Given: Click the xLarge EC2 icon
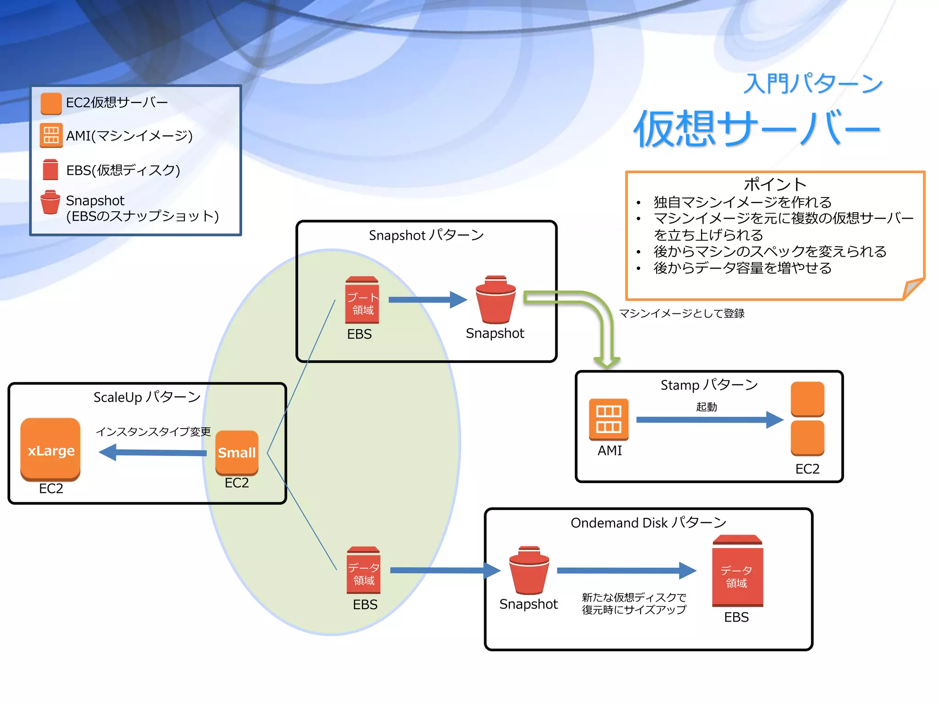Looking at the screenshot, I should [x=50, y=449].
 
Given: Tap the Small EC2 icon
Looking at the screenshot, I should [x=237, y=452].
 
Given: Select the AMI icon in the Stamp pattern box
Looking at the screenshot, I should [x=609, y=419].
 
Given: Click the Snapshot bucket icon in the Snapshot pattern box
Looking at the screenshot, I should [x=496, y=300].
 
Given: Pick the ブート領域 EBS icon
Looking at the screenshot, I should [x=362, y=300].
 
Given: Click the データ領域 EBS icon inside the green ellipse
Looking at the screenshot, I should [x=364, y=571].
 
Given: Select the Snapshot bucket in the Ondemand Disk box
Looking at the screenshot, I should [x=529, y=571].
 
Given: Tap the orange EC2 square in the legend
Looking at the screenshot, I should [x=51, y=103].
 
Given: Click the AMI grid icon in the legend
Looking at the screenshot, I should [x=51, y=136].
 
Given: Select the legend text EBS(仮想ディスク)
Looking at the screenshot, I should [x=123, y=170].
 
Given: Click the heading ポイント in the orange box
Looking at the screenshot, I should [x=775, y=184].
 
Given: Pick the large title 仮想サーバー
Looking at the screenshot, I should [x=757, y=129].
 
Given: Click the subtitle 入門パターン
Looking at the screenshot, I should [x=812, y=84].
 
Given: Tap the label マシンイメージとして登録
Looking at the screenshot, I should [x=682, y=313].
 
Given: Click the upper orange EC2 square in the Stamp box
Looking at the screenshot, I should [x=807, y=399].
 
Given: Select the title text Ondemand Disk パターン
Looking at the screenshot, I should [x=648, y=522].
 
